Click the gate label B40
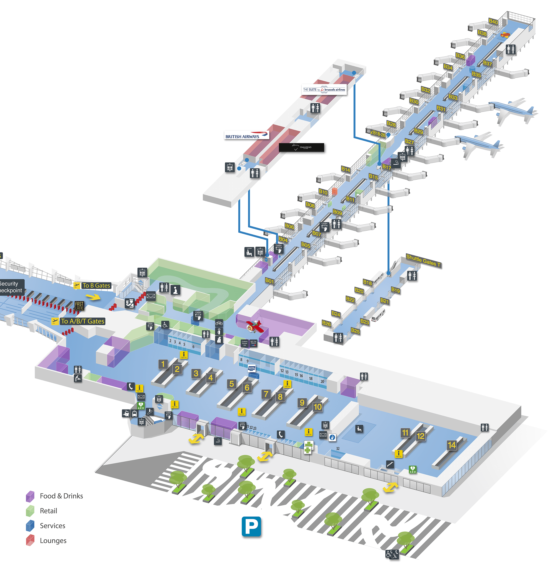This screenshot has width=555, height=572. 493,21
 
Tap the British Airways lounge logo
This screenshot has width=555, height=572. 247,135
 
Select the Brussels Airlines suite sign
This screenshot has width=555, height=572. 324,90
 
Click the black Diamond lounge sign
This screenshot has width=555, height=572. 301,147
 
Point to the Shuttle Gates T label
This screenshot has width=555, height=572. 423,261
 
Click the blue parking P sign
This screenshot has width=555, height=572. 251,526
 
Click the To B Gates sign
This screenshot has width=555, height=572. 96,285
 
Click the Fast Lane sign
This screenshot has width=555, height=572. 79,306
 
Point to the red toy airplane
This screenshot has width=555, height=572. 255,326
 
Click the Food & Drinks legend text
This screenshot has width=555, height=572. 61,496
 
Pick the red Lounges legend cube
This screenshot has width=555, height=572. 30,540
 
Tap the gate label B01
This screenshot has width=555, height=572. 269,281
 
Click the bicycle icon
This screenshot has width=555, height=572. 219,323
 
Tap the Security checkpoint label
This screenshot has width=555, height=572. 10,287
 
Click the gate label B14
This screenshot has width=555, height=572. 346,169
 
